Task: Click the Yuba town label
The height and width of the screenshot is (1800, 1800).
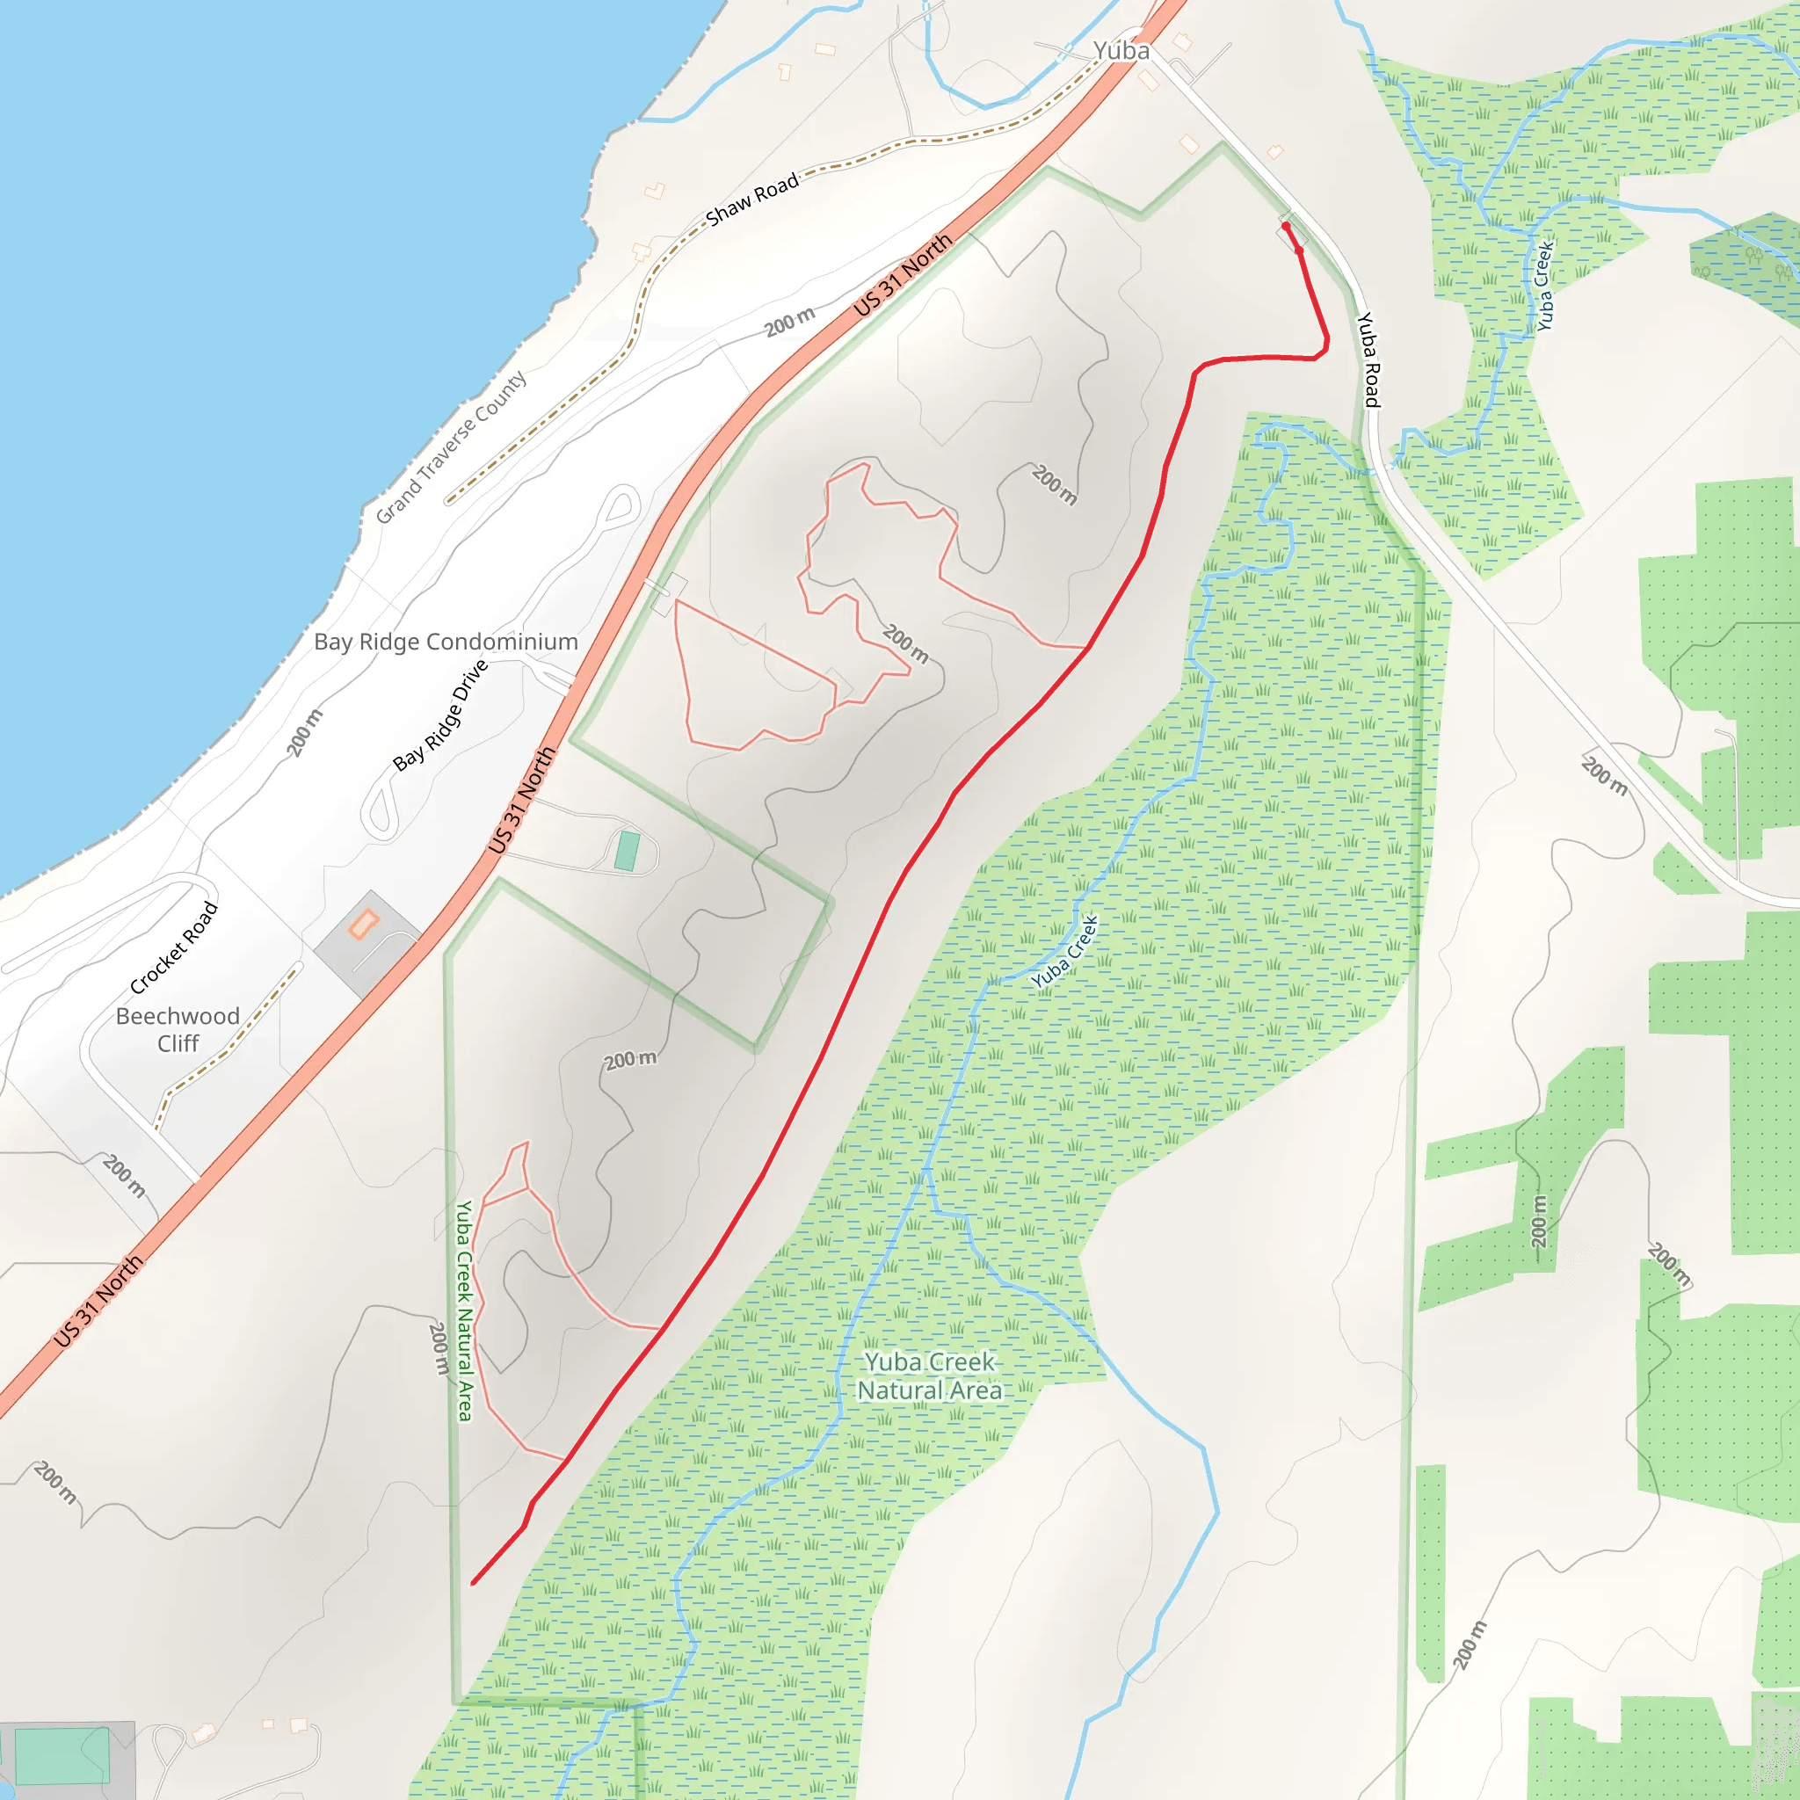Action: coord(1121,50)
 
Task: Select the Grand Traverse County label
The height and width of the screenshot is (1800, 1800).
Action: coord(451,447)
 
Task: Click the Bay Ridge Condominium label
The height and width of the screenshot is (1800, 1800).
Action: coord(446,642)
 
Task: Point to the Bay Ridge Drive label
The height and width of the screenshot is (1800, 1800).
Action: coord(440,715)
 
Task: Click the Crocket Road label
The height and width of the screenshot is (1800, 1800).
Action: coord(174,947)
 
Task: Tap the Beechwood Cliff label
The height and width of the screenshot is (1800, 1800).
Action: coord(178,1028)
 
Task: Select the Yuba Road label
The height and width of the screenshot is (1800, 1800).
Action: coord(1367,359)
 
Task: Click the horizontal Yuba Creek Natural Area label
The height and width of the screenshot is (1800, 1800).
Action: coord(929,1376)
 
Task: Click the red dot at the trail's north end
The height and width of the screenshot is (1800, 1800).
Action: coord(1286,227)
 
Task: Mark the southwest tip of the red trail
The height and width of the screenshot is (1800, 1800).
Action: coord(475,1582)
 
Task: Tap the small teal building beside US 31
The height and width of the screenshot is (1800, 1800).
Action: coord(627,851)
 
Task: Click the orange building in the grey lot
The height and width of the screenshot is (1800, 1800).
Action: coord(363,925)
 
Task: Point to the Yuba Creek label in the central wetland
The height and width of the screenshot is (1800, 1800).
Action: coord(1065,951)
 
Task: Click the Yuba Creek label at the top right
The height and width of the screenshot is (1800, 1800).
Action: coord(1545,286)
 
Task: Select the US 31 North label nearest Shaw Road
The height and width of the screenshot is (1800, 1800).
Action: coord(903,274)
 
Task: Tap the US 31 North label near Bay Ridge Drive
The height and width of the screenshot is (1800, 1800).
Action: coord(522,800)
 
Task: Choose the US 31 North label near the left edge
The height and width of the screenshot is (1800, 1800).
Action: coord(98,1301)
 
